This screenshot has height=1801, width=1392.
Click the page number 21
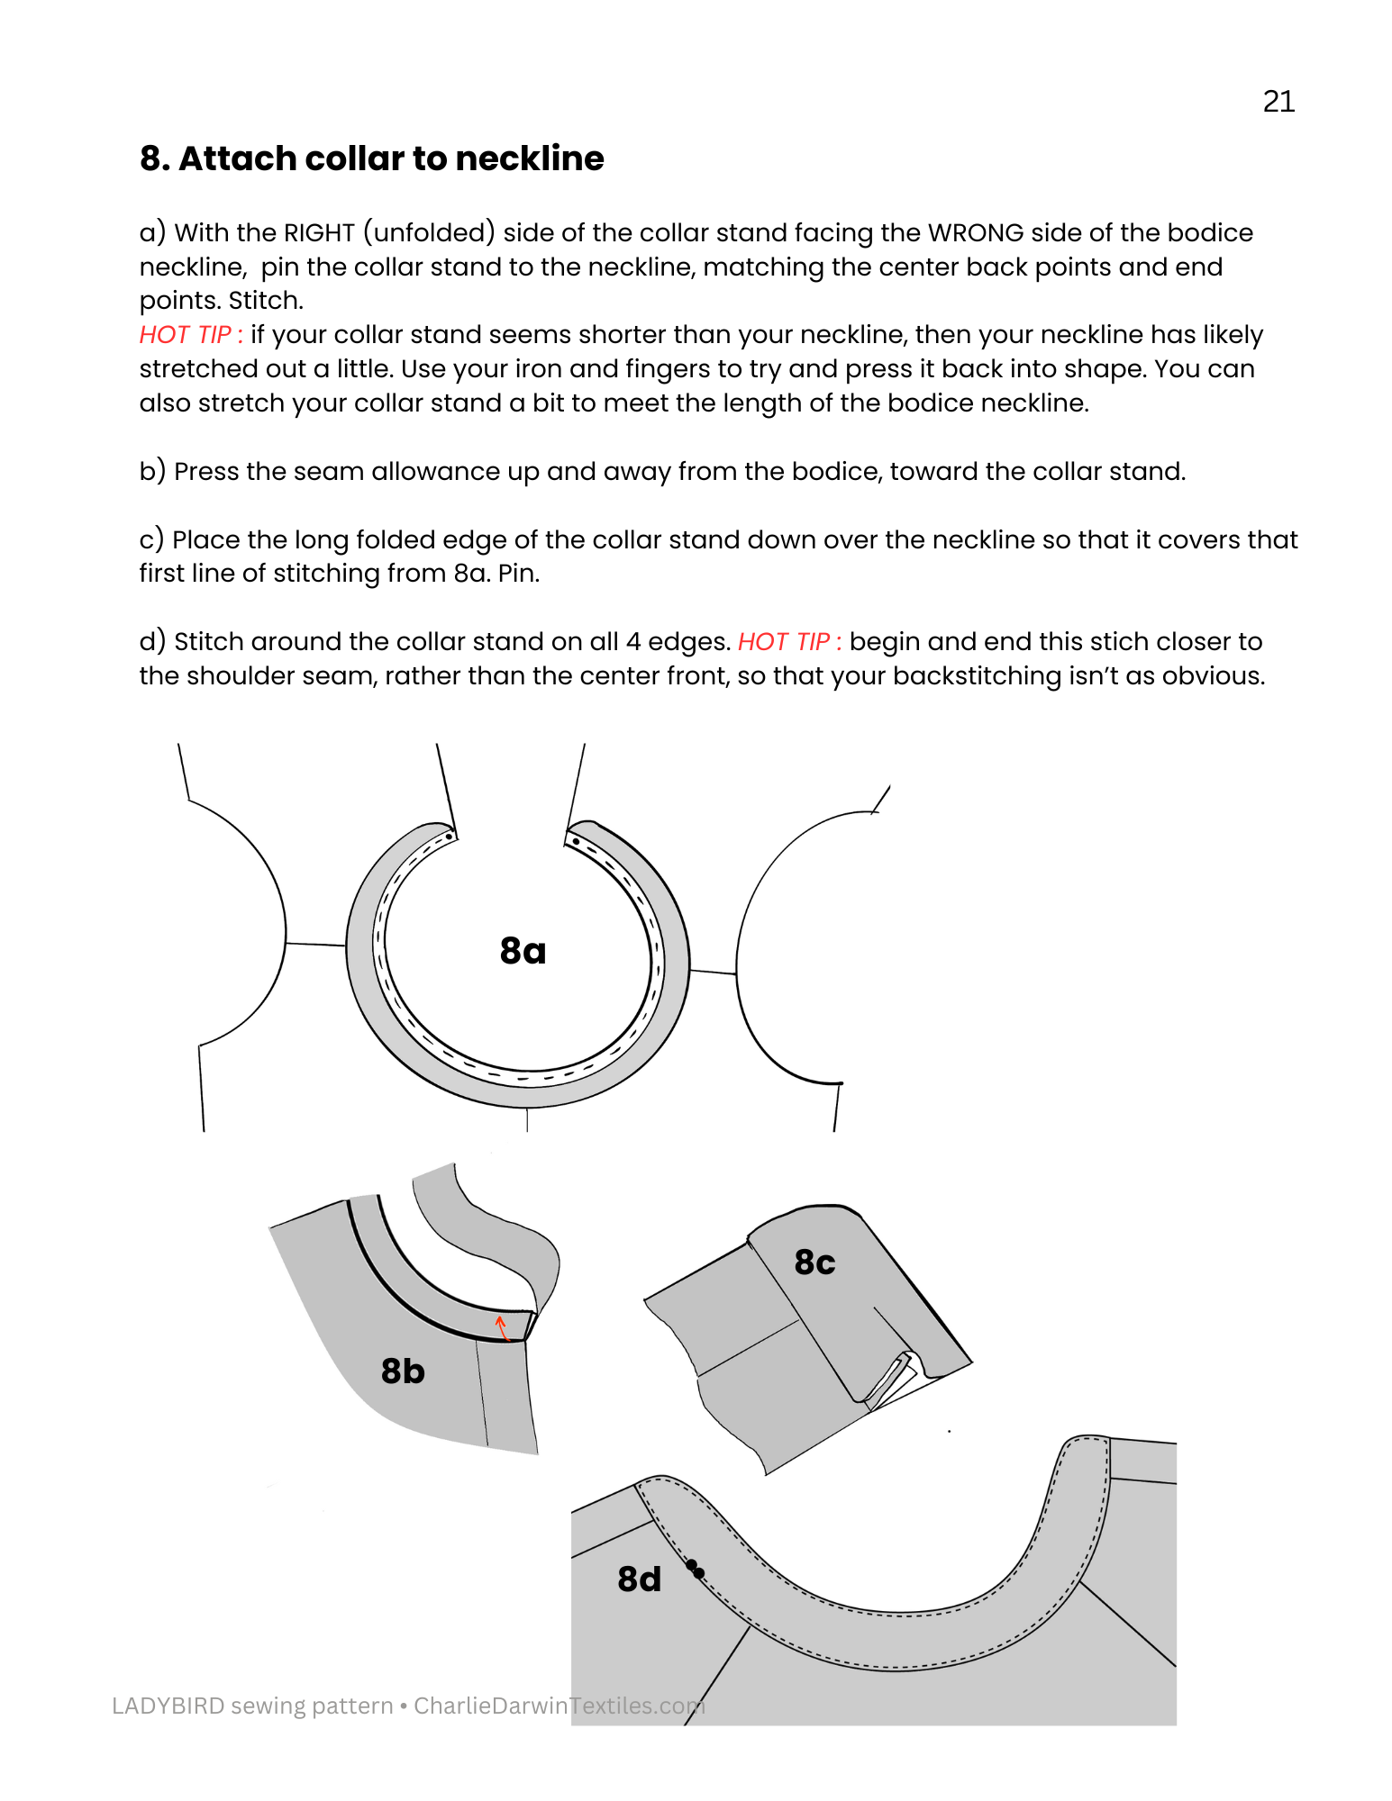click(x=1278, y=102)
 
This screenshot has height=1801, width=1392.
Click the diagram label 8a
click(x=523, y=951)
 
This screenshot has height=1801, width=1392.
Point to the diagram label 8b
click(x=402, y=1371)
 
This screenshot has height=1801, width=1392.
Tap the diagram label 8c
click(x=814, y=1263)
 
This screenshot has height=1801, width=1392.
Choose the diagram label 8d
click(x=639, y=1579)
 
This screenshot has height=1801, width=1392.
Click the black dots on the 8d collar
click(x=695, y=1569)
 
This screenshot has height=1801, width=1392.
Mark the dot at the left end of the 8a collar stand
click(x=449, y=837)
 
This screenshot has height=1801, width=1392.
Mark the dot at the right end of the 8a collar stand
click(x=576, y=841)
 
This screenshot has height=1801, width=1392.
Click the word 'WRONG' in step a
click(x=976, y=233)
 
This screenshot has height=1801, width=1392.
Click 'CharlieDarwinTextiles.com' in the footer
click(x=559, y=1706)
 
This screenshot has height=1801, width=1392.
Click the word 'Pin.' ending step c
click(x=518, y=574)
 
